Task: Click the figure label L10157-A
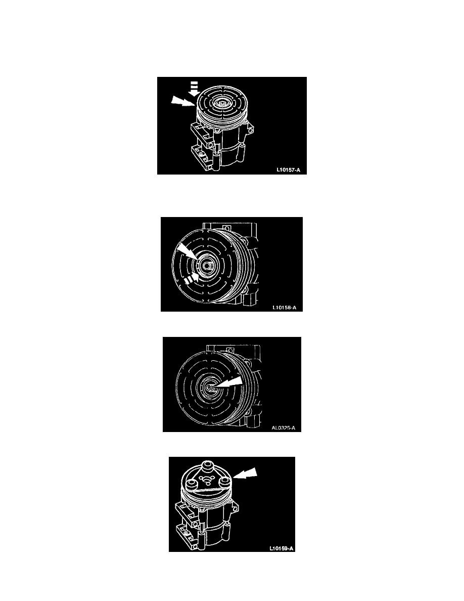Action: [288, 170]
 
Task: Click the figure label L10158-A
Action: [285, 308]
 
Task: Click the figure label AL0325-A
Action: [283, 428]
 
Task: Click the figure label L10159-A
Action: [282, 548]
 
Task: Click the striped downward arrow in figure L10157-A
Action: [195, 88]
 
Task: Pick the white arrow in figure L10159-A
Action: [245, 474]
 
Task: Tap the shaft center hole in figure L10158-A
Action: [206, 266]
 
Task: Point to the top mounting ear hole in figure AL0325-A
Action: [229, 349]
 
